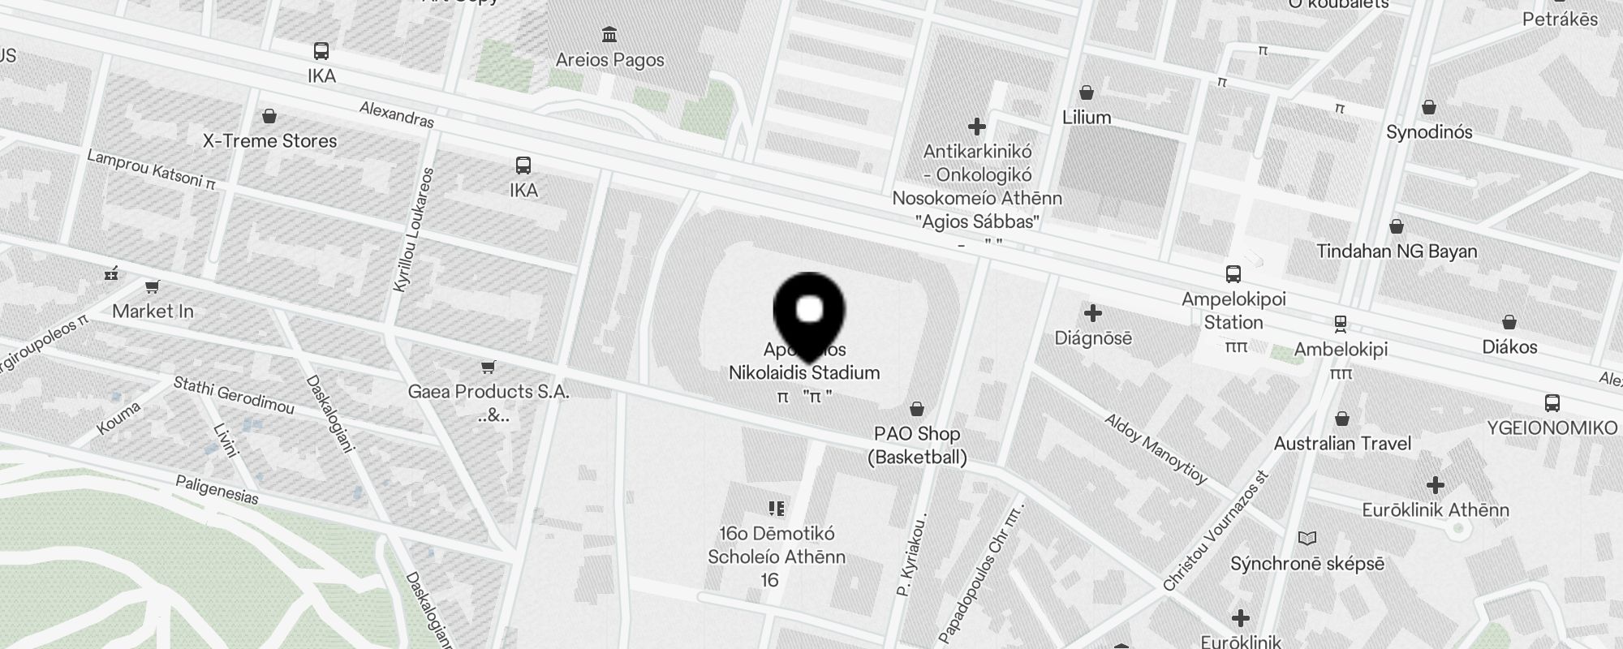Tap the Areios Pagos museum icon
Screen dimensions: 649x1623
[x=609, y=34]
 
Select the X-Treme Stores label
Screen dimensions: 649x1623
[x=269, y=141]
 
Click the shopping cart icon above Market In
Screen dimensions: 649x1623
[x=152, y=286]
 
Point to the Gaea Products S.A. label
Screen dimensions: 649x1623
[x=489, y=392]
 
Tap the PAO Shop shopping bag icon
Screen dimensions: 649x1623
[x=917, y=408]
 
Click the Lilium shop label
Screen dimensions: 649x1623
[x=1087, y=118]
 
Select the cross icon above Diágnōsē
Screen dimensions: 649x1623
[x=1093, y=313]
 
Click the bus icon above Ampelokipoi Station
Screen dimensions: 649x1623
[x=1233, y=274]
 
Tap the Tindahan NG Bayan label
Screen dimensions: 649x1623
[x=1397, y=251]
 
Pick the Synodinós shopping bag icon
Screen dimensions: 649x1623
[x=1429, y=107]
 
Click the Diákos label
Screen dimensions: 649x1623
[x=1509, y=347]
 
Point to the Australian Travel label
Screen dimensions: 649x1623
[x=1342, y=444]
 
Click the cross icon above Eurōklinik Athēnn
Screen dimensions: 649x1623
[x=1435, y=485]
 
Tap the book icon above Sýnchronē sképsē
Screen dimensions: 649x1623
[x=1307, y=539]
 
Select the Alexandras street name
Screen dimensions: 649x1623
[x=397, y=114]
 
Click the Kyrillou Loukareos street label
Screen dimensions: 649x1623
[x=413, y=230]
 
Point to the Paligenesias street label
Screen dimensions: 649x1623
[x=217, y=490]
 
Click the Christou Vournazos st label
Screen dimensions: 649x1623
[x=1215, y=532]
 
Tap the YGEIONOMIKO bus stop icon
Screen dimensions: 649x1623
[x=1552, y=402]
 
